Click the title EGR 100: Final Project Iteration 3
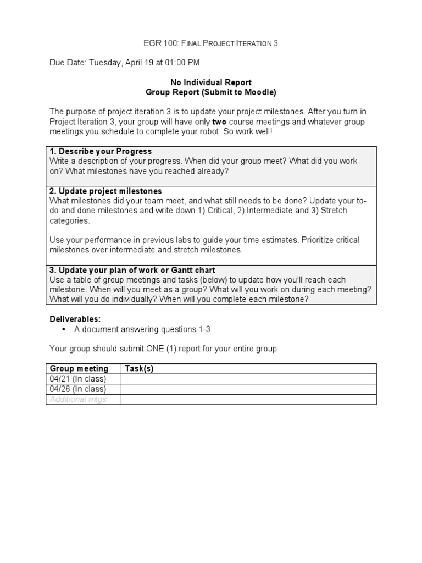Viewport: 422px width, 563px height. [x=210, y=43]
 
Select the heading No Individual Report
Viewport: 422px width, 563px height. [x=210, y=82]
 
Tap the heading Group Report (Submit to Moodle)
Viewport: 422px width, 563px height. [x=210, y=92]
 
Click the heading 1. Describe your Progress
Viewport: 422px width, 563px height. [x=101, y=151]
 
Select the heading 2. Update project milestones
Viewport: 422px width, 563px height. [x=105, y=191]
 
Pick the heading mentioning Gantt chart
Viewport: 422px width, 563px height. [x=132, y=270]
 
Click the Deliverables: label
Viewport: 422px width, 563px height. [x=75, y=319]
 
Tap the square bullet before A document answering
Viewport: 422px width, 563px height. [x=64, y=329]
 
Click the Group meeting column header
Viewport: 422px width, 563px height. [x=79, y=368]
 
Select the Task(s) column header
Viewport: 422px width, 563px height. [x=139, y=368]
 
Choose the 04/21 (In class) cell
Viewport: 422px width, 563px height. [x=77, y=379]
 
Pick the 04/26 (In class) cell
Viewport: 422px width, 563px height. [x=77, y=389]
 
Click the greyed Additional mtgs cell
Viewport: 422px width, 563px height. [x=78, y=400]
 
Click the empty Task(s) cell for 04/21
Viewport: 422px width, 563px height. [x=248, y=379]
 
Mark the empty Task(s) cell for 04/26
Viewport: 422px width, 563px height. [x=248, y=389]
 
